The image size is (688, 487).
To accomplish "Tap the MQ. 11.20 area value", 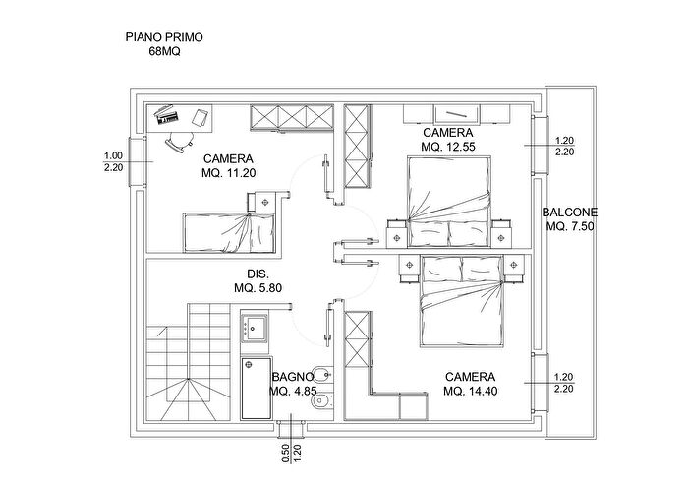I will click(x=228, y=173).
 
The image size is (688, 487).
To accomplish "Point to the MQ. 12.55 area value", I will click(x=447, y=147).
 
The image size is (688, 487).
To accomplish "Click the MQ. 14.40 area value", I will click(x=470, y=392).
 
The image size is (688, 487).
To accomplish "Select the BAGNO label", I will click(x=293, y=377).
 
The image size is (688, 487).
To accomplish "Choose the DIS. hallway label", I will click(x=258, y=274).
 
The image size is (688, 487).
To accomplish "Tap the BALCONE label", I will click(x=570, y=212).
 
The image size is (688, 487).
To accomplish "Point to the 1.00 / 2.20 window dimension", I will click(x=113, y=161).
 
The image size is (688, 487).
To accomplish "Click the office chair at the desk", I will click(x=177, y=141).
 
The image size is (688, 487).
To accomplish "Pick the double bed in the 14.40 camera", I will click(x=462, y=301).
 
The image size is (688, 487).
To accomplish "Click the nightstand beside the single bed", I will click(x=265, y=199).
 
